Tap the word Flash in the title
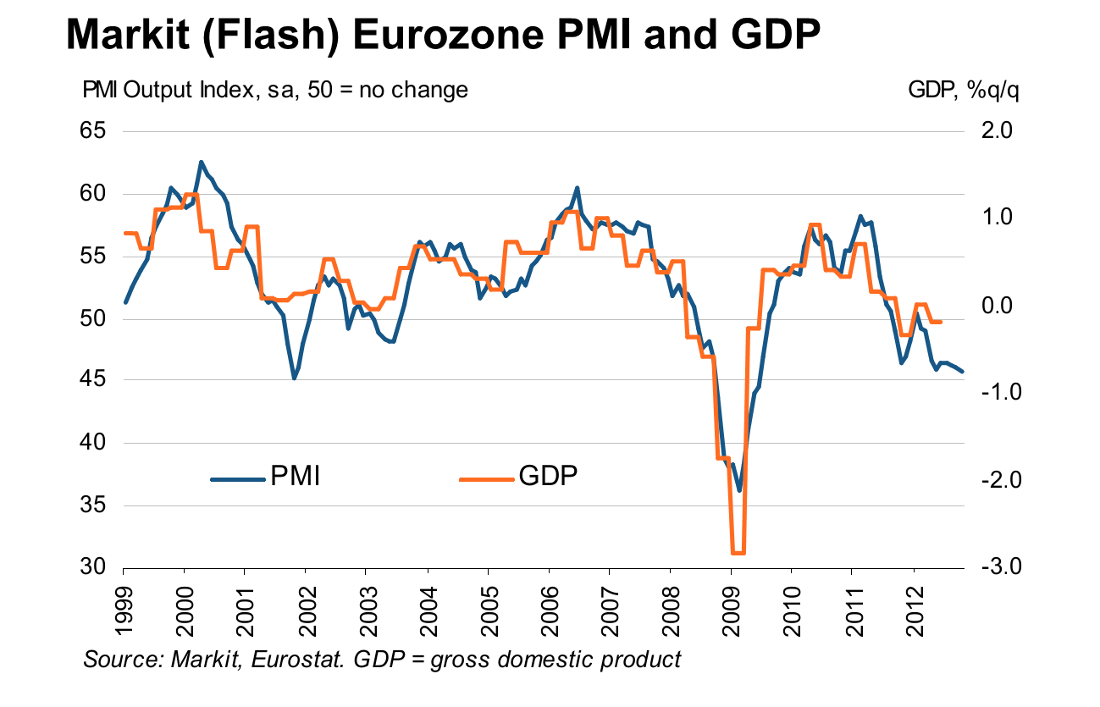point(268,36)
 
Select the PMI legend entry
point(295,477)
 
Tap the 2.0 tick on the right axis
point(999,131)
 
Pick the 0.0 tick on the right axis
point(999,306)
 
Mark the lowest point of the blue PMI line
point(739,490)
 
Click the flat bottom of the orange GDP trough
point(738,553)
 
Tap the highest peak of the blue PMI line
point(201,162)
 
